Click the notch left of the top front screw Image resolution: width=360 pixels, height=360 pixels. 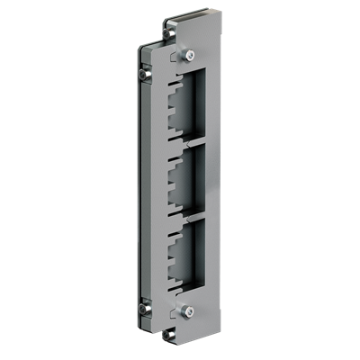click(171, 56)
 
